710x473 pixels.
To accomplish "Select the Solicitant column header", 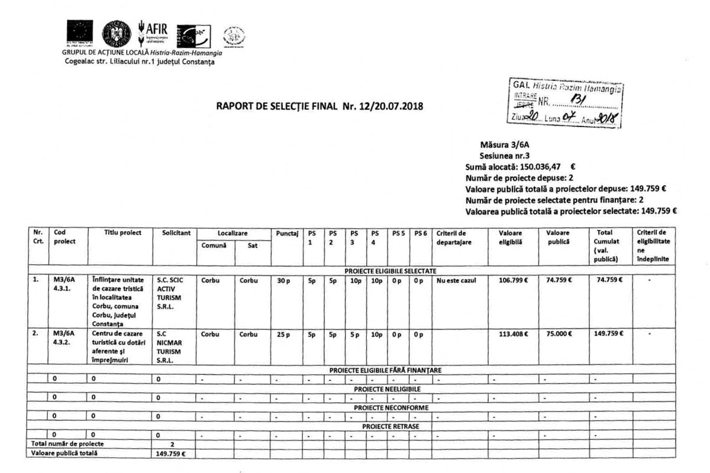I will coord(171,233).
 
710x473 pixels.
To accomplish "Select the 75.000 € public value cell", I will coord(556,334).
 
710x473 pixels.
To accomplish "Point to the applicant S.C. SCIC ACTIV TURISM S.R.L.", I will coord(169,295).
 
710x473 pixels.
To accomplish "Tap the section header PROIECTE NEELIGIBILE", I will coord(387,390).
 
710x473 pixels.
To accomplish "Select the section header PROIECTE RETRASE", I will coord(387,426).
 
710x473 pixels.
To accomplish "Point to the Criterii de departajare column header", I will coord(454,237).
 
